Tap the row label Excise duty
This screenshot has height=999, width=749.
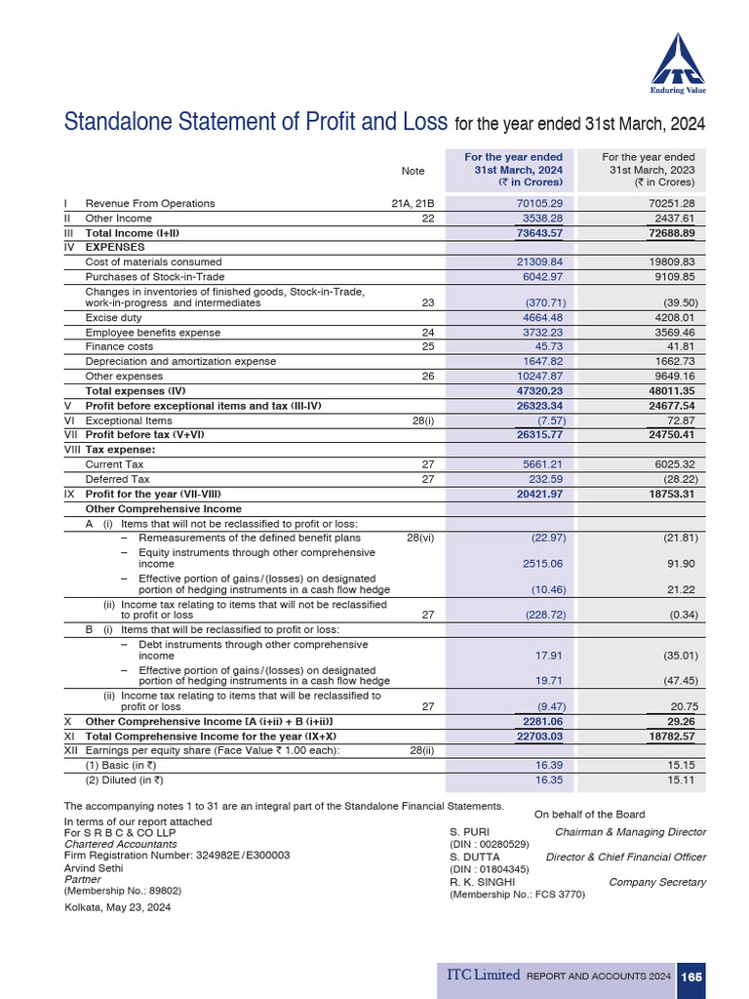coord(113,318)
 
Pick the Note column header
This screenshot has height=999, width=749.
coord(413,171)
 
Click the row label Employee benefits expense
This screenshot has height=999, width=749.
coord(152,333)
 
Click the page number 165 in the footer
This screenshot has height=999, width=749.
coord(690,977)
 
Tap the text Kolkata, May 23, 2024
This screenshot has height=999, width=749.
coord(117,907)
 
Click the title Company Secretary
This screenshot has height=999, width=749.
coord(657,883)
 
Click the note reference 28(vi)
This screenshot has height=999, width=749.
coord(419,538)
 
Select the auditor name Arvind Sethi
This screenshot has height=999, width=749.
coord(94,867)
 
